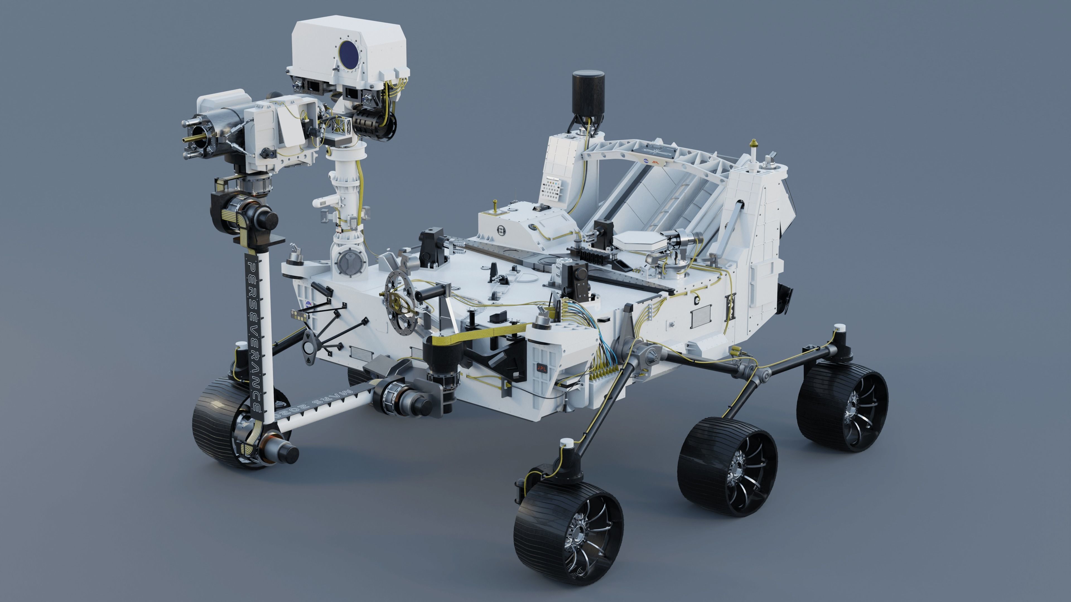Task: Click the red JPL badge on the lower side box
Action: coord(542,368)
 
